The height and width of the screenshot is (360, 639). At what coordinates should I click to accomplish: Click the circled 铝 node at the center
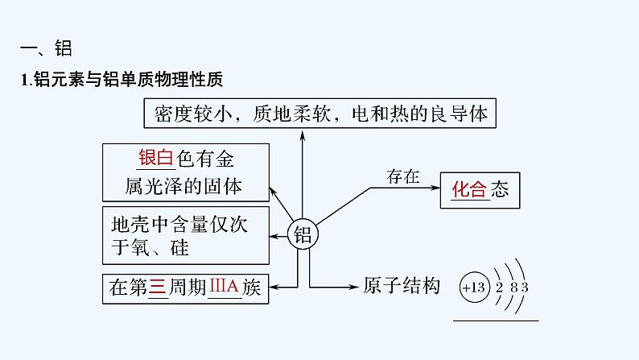pyautogui.click(x=303, y=234)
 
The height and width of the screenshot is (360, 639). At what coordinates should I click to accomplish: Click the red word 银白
pyautogui.click(x=156, y=158)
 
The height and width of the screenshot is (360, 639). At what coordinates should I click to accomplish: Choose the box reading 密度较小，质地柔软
pyautogui.click(x=319, y=113)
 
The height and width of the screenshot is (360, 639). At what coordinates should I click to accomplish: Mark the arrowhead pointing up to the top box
pyautogui.click(x=303, y=134)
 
